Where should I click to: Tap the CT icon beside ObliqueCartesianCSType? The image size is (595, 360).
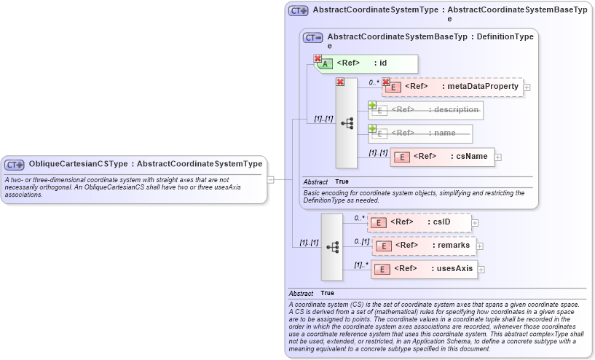(15, 165)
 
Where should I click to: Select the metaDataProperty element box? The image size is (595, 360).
(452, 87)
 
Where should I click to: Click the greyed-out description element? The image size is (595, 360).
(427, 110)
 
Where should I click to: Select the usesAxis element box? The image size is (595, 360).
(425, 269)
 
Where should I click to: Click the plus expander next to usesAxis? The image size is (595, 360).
(481, 270)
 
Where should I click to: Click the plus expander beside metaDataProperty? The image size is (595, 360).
(527, 87)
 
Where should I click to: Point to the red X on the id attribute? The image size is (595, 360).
(318, 58)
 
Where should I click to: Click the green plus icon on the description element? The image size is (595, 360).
(372, 105)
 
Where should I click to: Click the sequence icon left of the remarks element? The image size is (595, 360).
(332, 247)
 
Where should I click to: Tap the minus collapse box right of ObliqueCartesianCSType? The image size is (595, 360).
(270, 178)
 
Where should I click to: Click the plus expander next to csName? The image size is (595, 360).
(499, 157)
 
